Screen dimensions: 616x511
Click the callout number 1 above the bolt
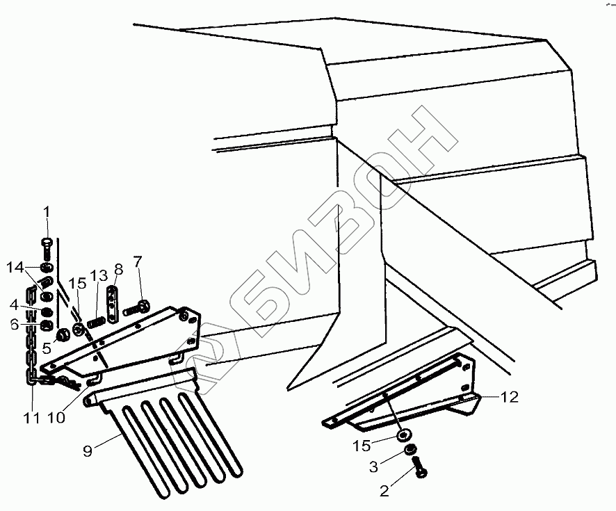tap(47, 212)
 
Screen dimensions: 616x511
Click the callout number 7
tap(138, 262)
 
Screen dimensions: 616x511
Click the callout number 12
tap(510, 398)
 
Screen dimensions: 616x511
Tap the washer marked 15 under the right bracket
tap(403, 436)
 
